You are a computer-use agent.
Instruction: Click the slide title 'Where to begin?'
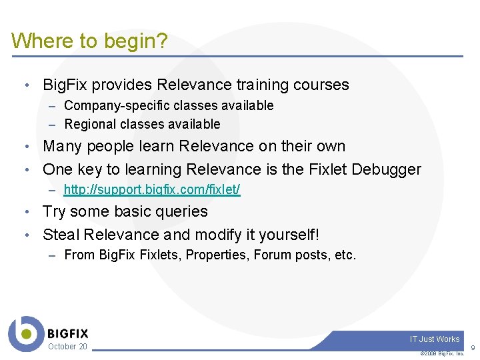(x=89, y=41)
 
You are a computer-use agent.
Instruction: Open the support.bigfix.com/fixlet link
(x=152, y=190)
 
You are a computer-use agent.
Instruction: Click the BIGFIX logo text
(x=67, y=333)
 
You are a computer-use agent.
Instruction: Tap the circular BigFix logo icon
(x=25, y=333)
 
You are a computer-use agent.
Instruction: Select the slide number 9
(x=473, y=348)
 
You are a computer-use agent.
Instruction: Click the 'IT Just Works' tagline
(x=435, y=339)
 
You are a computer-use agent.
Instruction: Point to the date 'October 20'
(x=67, y=347)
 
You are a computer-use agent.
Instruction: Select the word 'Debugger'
(x=387, y=169)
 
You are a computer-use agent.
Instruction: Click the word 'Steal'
(x=61, y=235)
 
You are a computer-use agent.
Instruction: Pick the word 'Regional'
(x=89, y=124)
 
